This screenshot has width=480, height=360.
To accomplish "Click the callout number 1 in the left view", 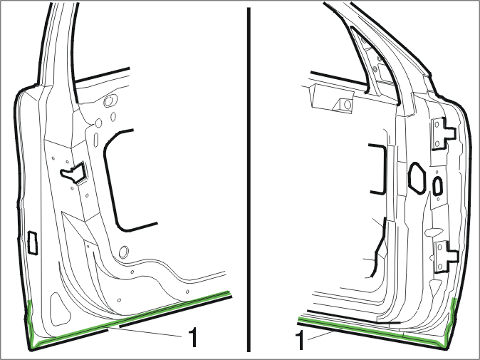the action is coord(193,337).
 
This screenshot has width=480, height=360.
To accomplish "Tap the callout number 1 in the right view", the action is coord(300,339).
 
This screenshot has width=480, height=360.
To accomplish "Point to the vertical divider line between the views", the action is coord(249,180).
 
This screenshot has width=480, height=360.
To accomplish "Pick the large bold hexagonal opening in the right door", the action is coord(417,178).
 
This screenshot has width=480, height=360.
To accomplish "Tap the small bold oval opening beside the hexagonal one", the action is coord(437,186).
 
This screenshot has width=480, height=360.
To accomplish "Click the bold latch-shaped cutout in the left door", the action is coord(73,173).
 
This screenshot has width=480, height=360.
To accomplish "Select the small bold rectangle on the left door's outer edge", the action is coord(33,243).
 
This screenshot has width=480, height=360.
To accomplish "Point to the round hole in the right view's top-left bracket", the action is coord(348,105).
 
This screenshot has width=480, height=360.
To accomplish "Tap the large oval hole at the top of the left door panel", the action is coord(110,101).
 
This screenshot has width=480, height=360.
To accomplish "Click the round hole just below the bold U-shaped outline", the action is coord(124,252).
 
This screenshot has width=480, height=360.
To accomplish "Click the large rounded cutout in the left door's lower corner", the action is coord(61,309).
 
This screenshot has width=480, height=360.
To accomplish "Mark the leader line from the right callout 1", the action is coord(325,334).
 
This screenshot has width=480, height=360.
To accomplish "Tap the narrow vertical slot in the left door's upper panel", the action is coord(96,140).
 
